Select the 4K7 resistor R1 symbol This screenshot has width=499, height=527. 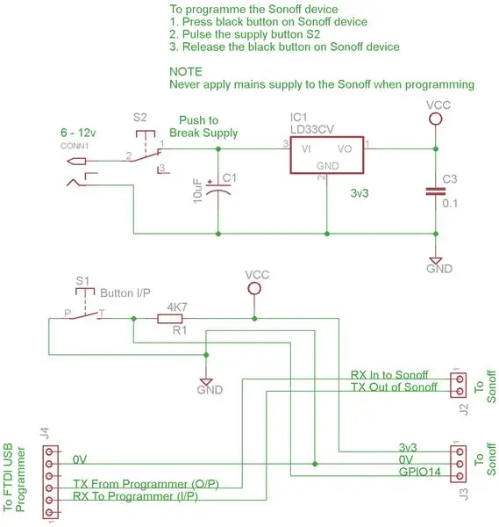click(170, 319)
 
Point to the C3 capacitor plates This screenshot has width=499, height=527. click(436, 191)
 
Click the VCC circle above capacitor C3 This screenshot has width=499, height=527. click(436, 119)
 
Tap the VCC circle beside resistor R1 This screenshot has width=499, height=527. click(254, 288)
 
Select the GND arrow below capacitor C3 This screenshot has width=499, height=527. click(436, 261)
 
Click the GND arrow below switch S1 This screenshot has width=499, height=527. click(206, 382)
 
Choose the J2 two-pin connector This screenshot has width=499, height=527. click(459, 386)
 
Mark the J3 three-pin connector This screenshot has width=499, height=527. click(459, 464)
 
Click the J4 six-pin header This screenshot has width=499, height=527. click(51, 482)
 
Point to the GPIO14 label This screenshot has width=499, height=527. click(419, 472)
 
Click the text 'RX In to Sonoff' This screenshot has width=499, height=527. click(389, 375)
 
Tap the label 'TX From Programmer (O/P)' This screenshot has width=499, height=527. click(146, 484)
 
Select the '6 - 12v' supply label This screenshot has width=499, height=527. click(78, 133)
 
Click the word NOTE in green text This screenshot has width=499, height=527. click(186, 72)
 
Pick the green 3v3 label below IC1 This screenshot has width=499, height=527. click(360, 193)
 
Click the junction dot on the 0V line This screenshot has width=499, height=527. click(315, 464)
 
